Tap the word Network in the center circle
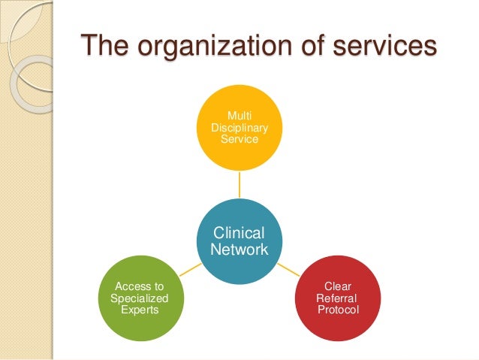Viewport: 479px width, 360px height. tap(239, 250)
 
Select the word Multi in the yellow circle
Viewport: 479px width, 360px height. tap(239, 114)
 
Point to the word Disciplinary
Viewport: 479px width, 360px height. tap(239, 127)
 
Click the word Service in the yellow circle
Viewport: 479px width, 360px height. tap(239, 139)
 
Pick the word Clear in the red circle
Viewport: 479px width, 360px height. tap(338, 286)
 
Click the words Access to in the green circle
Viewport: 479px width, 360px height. tap(139, 286)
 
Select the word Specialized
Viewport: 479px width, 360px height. tap(139, 298)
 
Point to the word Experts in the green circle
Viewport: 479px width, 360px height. tap(139, 310)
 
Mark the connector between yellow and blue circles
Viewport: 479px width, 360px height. tap(239, 183)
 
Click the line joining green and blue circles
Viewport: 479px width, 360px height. tap(189, 268)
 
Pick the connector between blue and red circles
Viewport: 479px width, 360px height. tap(289, 268)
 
